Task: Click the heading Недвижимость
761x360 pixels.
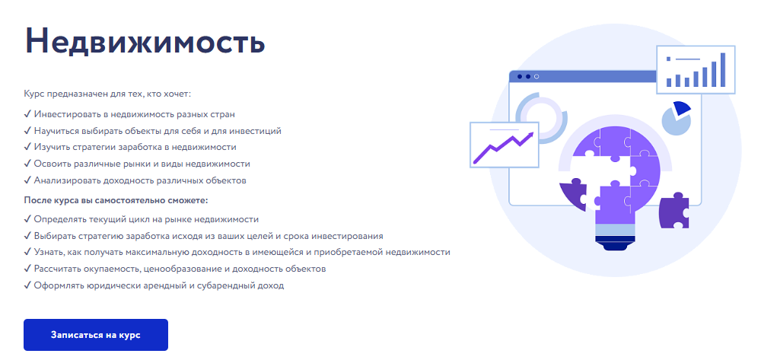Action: pos(145,41)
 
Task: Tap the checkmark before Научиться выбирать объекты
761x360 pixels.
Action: pos(27,131)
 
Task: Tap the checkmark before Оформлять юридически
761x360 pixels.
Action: pos(27,285)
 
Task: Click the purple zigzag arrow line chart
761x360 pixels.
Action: pos(503,147)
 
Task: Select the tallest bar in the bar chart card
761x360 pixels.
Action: pos(723,69)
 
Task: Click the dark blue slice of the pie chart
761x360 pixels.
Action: pos(681,109)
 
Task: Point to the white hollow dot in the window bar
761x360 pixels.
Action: pos(537,77)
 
